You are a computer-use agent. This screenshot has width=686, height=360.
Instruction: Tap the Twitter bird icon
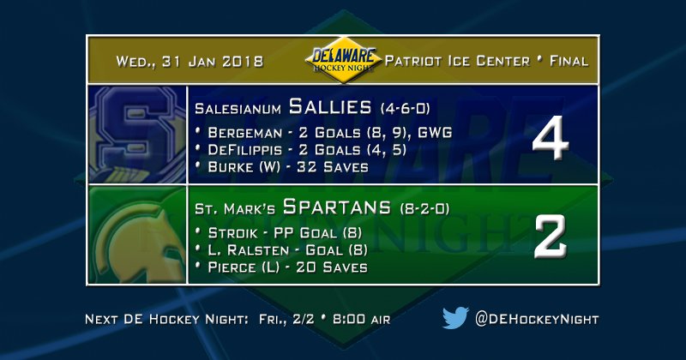454,319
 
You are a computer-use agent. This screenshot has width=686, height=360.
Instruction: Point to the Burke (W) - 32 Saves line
282,166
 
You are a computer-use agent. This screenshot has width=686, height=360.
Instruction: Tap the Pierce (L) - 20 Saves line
282,267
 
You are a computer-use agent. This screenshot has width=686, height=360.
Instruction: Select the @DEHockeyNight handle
537,319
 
